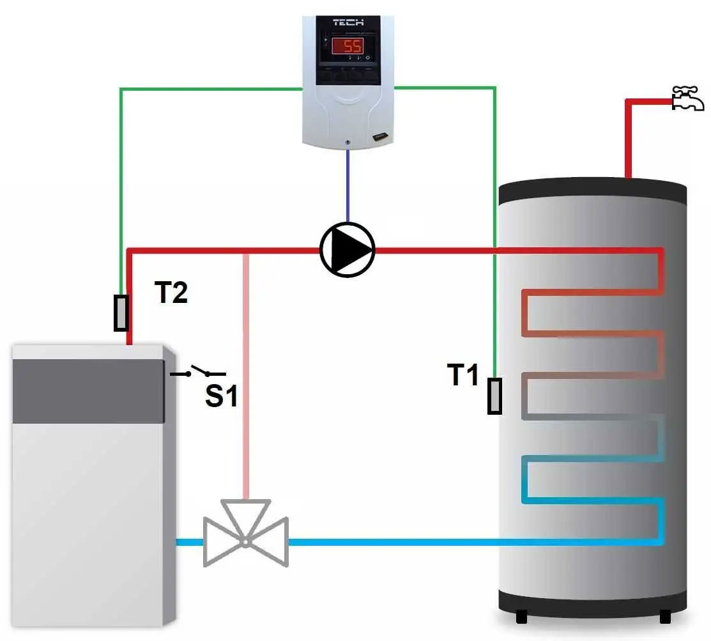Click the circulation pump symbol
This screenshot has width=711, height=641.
click(347, 249)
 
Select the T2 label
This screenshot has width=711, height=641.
click(171, 293)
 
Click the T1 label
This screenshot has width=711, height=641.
click(463, 375)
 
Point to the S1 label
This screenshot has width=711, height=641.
click(221, 397)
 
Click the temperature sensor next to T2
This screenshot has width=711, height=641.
click(121, 313)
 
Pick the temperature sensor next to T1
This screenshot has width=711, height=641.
click(494, 396)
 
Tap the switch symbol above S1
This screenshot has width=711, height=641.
click(199, 372)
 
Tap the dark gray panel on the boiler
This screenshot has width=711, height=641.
click(89, 391)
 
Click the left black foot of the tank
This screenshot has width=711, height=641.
click(521, 617)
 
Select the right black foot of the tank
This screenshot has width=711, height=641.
click(665, 617)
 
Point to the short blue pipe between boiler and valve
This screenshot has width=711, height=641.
click(189, 542)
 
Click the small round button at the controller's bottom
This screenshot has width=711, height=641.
click(346, 141)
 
